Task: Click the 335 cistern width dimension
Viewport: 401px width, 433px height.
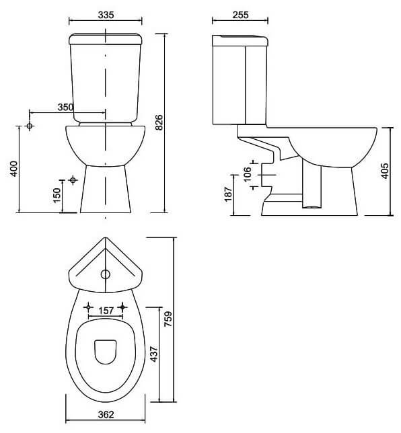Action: pyautogui.click(x=106, y=15)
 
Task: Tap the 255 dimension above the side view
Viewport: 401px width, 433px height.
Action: pyautogui.click(x=240, y=15)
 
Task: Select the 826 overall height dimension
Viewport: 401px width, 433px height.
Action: pyautogui.click(x=159, y=122)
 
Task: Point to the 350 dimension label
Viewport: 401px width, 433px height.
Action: pyautogui.click(x=65, y=107)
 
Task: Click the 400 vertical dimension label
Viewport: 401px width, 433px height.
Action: pyautogui.click(x=14, y=169)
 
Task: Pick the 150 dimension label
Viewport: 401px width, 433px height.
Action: pyautogui.click(x=57, y=195)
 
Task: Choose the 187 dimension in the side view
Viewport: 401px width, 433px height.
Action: pyautogui.click(x=228, y=194)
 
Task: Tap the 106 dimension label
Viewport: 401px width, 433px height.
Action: pyautogui.click(x=248, y=174)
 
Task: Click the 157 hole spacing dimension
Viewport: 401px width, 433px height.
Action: pyautogui.click(x=106, y=311)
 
